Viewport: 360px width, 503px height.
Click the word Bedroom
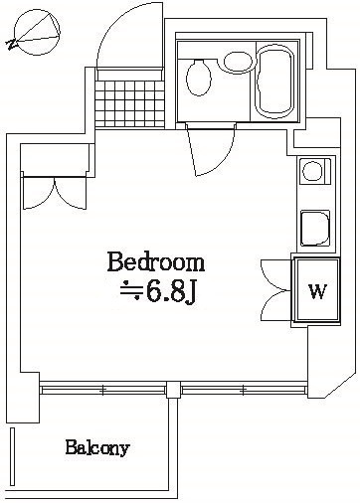[x=156, y=263]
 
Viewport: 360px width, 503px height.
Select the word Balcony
[x=97, y=448]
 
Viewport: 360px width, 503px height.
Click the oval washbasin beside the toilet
[x=239, y=63]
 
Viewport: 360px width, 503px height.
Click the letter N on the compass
[x=10, y=43]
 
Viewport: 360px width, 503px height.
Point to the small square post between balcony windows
[x=174, y=389]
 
